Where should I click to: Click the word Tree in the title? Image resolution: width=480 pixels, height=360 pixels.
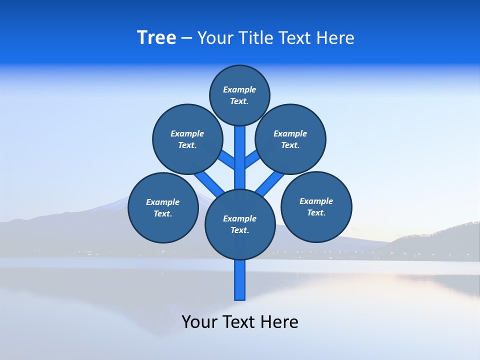point(156,37)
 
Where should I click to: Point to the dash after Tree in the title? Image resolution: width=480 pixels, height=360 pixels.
point(186,38)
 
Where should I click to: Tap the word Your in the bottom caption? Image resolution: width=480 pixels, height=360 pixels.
point(199,321)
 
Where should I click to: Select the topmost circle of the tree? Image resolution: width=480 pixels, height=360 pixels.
point(239,95)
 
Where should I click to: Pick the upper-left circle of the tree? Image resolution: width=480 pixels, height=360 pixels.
point(187,139)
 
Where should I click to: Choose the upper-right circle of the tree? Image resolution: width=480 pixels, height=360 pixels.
point(290,139)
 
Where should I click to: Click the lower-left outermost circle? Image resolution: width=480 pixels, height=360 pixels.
point(163,207)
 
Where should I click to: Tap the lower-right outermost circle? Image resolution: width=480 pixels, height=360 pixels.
point(316,206)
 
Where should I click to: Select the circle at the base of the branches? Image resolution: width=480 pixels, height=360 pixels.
point(240,224)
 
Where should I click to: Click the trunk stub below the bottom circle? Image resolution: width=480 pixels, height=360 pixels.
point(240,280)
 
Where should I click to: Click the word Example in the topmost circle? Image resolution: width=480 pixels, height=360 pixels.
point(239,89)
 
